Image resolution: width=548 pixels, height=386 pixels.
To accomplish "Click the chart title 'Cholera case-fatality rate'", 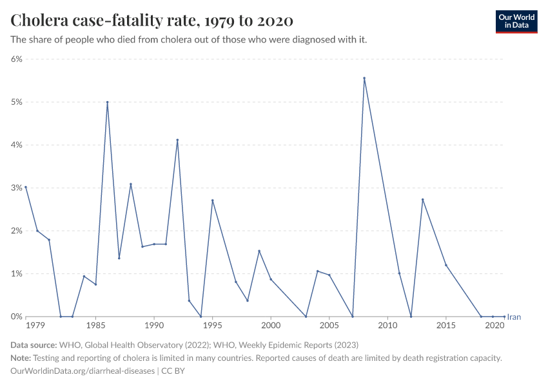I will pyautogui.click(x=152, y=21).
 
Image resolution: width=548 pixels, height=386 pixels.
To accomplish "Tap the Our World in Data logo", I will pyautogui.click(x=516, y=21).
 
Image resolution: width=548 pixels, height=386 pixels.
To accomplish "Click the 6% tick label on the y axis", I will pyautogui.click(x=15, y=59).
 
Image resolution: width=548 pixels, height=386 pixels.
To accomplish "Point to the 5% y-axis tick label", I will pyautogui.click(x=15, y=102).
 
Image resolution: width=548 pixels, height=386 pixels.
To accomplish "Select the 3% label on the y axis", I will pyautogui.click(x=15, y=188).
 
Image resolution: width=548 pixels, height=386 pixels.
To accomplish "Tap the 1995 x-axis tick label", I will pyautogui.click(x=212, y=326).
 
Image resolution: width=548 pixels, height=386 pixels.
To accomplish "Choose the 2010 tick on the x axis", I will pyautogui.click(x=387, y=326).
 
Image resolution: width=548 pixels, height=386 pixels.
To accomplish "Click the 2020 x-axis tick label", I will pyautogui.click(x=494, y=326).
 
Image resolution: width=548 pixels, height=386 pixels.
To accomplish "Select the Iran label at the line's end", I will pyautogui.click(x=514, y=317).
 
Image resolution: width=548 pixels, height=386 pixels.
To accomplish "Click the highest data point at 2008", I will pyautogui.click(x=364, y=78).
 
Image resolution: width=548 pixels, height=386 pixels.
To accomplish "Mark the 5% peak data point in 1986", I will pyautogui.click(x=107, y=102).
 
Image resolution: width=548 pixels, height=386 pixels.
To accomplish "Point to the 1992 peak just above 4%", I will pyautogui.click(x=177, y=140).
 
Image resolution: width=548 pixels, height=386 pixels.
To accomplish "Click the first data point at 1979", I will pyautogui.click(x=26, y=187).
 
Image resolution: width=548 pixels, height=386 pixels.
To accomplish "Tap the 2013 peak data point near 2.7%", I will pyautogui.click(x=422, y=199).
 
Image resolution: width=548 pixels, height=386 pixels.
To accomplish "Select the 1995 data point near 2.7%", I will pyautogui.click(x=212, y=200).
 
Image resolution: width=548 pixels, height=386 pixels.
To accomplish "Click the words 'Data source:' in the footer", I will pyautogui.click(x=34, y=345).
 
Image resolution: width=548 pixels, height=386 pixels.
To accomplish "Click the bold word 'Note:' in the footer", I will pyautogui.click(x=22, y=358).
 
